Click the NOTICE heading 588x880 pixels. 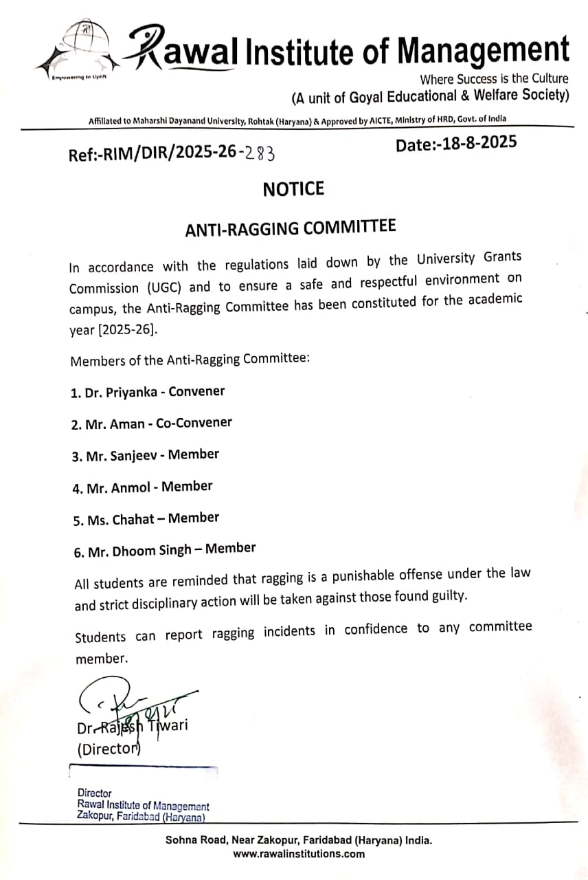[293, 189]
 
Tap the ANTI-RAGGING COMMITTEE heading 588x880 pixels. [291, 228]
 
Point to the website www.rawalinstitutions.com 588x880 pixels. [299, 855]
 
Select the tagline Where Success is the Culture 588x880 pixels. [495, 78]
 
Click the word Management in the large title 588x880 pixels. [484, 51]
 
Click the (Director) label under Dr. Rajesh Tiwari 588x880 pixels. [109, 749]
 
